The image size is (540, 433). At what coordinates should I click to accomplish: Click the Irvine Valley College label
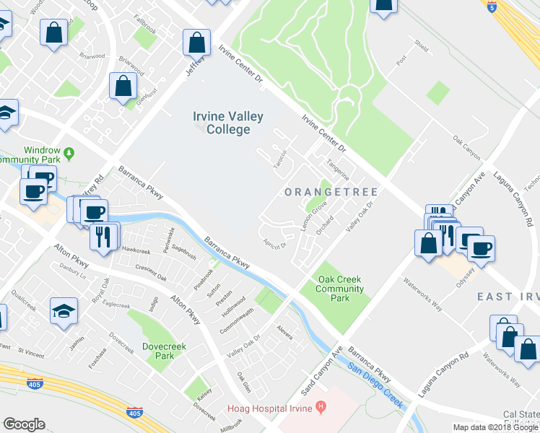[x=227, y=123]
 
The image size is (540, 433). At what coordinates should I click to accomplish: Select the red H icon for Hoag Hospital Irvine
[x=319, y=408]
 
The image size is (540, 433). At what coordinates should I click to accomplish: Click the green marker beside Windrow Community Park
[x=69, y=153]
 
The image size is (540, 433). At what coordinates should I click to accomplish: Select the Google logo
[x=24, y=424]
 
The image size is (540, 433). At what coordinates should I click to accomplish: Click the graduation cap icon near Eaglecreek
[x=64, y=311]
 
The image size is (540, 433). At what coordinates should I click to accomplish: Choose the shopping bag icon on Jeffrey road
[x=196, y=43]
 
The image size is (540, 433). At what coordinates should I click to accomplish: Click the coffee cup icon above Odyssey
[x=481, y=248]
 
